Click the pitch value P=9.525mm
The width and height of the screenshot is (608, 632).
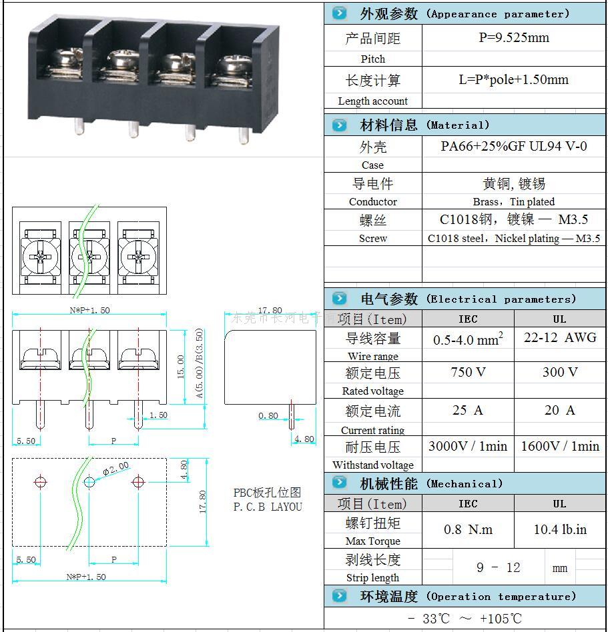pyautogui.click(x=514, y=38)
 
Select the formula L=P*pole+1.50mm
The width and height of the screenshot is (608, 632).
pyautogui.click(x=513, y=80)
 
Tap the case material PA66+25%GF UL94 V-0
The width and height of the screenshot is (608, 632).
pyautogui.click(x=513, y=146)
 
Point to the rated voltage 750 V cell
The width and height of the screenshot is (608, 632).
pyautogui.click(x=468, y=372)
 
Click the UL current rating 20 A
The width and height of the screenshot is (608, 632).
pyautogui.click(x=559, y=410)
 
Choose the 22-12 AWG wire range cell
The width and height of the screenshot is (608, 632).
pyautogui.click(x=559, y=338)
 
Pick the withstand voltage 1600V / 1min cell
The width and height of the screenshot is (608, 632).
pyautogui.click(x=559, y=446)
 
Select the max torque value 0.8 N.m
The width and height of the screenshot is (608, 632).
pyautogui.click(x=468, y=530)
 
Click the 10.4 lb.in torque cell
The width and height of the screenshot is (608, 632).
pyautogui.click(x=559, y=530)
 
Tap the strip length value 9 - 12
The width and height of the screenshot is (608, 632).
pyautogui.click(x=498, y=567)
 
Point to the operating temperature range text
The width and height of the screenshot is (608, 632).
pyautogui.click(x=465, y=618)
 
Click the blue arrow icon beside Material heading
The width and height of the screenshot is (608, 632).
pyautogui.click(x=340, y=125)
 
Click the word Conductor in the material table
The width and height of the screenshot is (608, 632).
pyautogui.click(x=372, y=201)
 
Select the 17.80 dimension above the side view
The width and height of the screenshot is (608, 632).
pyautogui.click(x=270, y=310)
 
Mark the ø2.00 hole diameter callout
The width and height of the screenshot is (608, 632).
pyautogui.click(x=116, y=469)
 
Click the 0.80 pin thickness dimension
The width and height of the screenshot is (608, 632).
pyautogui.click(x=268, y=416)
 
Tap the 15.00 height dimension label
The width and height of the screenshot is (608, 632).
pyautogui.click(x=180, y=367)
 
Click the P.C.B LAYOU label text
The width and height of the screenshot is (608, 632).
pyautogui.click(x=267, y=507)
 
